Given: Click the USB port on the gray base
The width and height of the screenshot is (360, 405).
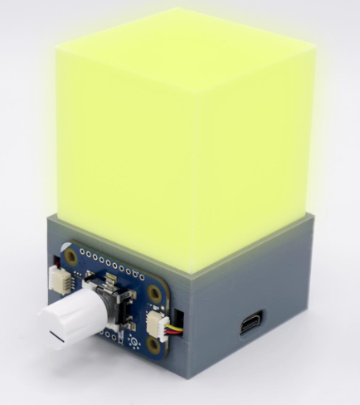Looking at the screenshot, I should coord(251,324).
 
